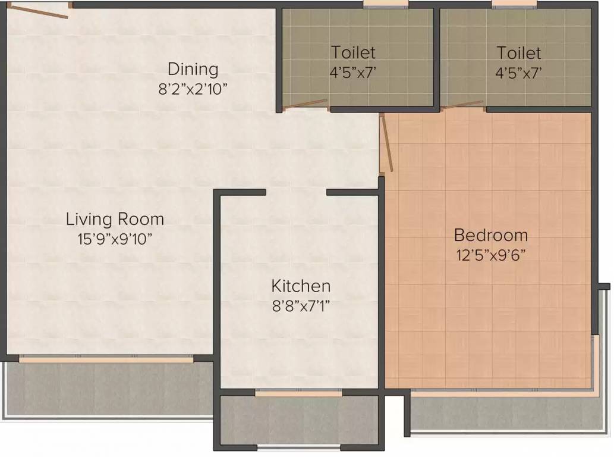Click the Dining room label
coord(193,69)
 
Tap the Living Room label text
coord(115,219)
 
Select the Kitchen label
coord(301,286)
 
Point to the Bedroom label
coord(491,235)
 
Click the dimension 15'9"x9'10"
coord(115,239)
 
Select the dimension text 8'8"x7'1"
coord(301,306)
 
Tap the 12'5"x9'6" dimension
coord(490,255)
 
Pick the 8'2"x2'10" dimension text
coord(193,89)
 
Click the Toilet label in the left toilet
coord(353,52)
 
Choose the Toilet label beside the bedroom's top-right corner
coord(519,53)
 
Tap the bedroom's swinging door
coord(386,143)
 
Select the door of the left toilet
coord(306,104)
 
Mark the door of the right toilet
coord(464,104)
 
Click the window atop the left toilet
coord(385,4)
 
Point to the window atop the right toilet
coord(514,4)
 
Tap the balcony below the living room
coord(109,389)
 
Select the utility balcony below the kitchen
coord(299,420)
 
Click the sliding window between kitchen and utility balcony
coord(298,392)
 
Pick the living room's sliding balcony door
coord(106,359)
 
